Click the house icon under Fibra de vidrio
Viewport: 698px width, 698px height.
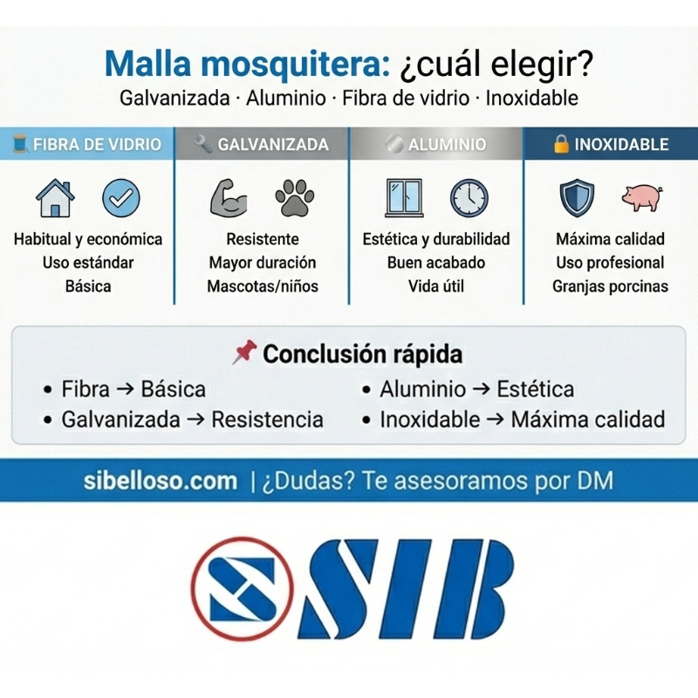pos(55,198)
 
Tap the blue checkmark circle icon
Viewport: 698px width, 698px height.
pos(120,198)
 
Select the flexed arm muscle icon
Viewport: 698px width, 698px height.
pos(229,198)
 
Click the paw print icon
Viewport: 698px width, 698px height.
pos(295,198)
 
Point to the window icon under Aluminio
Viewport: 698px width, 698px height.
pos(404,198)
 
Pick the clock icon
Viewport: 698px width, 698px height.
pos(469,198)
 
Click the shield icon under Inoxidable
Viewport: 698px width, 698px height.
pos(577,198)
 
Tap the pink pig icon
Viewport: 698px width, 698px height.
pos(642,197)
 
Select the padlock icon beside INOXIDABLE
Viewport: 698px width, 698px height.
pos(562,144)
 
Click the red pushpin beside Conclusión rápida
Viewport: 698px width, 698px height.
pos(244,353)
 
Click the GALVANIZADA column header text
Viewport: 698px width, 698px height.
pos(273,144)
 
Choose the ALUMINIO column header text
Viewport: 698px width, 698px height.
pos(448,144)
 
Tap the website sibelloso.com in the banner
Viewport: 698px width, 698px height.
pos(161,481)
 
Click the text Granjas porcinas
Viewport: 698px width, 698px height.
pos(610,286)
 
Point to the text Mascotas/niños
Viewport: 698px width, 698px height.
pos(262,286)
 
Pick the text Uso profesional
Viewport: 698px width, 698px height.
pos(610,263)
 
